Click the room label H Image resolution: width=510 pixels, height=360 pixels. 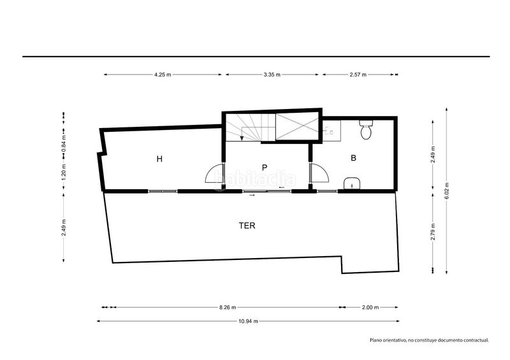(159, 159)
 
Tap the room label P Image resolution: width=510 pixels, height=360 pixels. (265, 168)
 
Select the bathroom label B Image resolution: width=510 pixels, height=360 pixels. (354, 158)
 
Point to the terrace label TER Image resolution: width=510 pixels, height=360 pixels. (247, 226)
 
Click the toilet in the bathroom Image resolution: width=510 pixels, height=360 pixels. (366, 130)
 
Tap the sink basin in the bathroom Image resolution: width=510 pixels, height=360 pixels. (353, 184)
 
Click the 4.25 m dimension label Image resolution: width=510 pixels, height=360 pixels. (163, 75)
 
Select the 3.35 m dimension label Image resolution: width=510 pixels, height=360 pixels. (272, 75)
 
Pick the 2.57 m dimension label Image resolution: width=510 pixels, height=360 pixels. (358, 75)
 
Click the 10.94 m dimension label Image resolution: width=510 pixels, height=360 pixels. (248, 321)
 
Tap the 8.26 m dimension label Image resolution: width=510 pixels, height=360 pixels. (228, 307)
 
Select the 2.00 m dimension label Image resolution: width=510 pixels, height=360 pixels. (370, 307)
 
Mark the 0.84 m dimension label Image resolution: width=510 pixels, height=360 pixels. (64, 143)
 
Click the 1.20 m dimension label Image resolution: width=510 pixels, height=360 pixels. (64, 175)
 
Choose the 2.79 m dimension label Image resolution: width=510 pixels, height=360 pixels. (433, 231)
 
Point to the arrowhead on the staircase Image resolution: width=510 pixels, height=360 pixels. (242, 138)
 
